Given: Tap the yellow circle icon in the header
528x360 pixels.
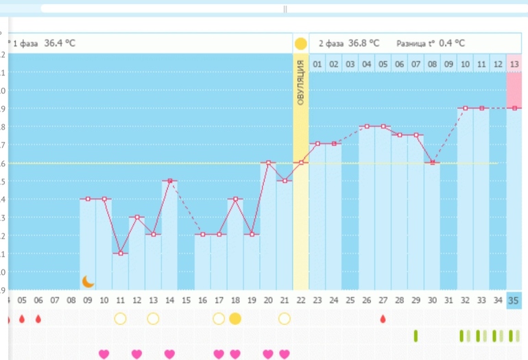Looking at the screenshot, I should pyautogui.click(x=300, y=43).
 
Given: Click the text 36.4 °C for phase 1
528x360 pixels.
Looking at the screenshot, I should pyautogui.click(x=60, y=43).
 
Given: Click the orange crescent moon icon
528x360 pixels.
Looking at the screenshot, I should pyautogui.click(x=88, y=281).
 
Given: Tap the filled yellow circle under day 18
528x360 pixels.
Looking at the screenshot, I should pyautogui.click(x=235, y=318).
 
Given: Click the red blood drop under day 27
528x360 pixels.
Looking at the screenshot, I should pyautogui.click(x=383, y=318).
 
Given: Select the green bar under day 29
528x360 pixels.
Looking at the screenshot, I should pyautogui.click(x=416, y=335).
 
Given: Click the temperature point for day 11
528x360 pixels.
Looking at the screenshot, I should pyautogui.click(x=121, y=253).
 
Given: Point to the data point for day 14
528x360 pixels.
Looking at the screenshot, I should pyautogui.click(x=170, y=181).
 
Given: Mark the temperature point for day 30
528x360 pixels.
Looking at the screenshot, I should pyautogui.click(x=432, y=163).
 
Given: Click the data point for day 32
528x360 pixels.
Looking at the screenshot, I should pyautogui.click(x=465, y=108).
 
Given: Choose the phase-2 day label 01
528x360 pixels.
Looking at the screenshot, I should pyautogui.click(x=317, y=64).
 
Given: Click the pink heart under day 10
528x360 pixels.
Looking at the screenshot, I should pyautogui.click(x=104, y=354).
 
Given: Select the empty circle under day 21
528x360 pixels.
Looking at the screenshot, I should pyautogui.click(x=285, y=318).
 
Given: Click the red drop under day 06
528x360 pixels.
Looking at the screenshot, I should pyautogui.click(x=38, y=318).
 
